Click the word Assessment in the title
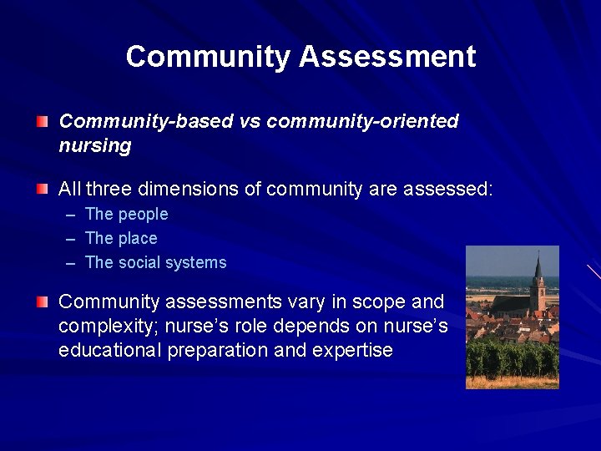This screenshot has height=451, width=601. click(387, 57)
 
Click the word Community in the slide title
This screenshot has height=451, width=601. click(209, 57)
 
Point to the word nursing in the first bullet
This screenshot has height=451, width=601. click(95, 146)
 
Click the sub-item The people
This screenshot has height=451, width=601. click(126, 215)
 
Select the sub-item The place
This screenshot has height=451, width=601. click(121, 239)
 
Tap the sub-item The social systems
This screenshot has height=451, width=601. click(155, 263)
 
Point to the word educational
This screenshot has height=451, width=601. click(110, 350)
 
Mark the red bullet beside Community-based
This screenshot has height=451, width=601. click(43, 122)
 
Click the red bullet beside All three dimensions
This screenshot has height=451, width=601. click(43, 190)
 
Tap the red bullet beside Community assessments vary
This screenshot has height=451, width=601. click(43, 302)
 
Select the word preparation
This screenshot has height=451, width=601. click(217, 350)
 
